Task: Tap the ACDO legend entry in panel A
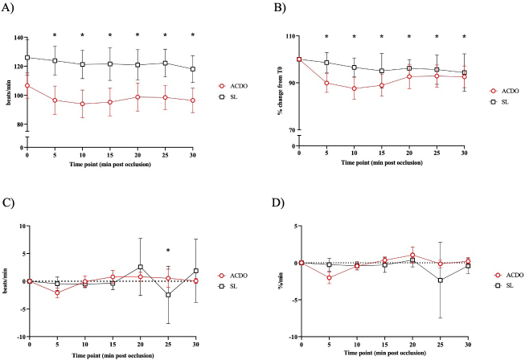pos(230,84)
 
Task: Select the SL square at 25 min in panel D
pos(439,280)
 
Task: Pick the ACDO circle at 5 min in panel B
pos(326,83)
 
